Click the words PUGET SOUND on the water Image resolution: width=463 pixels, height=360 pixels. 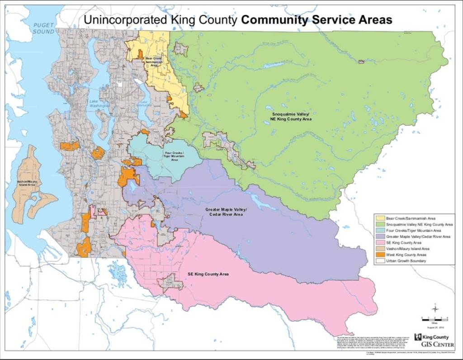click(43, 28)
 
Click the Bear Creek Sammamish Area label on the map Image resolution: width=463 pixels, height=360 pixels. click(154, 61)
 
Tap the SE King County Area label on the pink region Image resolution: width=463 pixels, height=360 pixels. click(208, 274)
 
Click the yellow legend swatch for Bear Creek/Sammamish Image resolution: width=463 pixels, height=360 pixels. click(380, 218)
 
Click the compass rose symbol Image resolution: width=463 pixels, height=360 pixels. click(435, 309)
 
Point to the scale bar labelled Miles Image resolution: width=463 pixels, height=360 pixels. click(435, 319)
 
